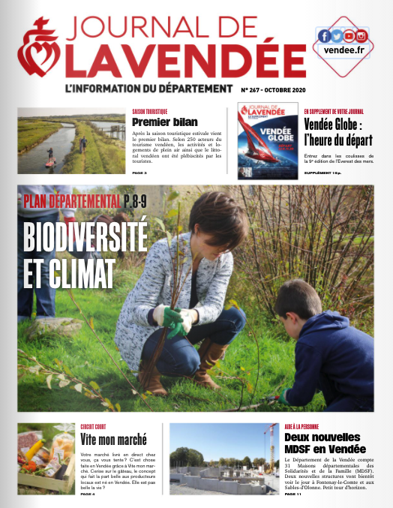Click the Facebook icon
tap(324, 36)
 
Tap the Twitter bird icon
tap(336, 36)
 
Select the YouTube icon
tap(349, 36)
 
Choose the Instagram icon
tap(361, 36)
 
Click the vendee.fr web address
tap(342, 50)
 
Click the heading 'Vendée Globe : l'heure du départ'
tap(339, 131)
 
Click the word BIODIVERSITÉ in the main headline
tap(85, 239)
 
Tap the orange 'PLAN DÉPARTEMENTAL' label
tap(71, 200)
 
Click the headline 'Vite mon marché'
tap(113, 440)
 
